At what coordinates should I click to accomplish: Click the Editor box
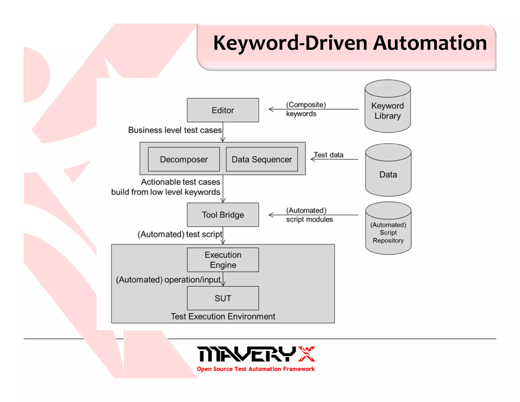click(223, 110)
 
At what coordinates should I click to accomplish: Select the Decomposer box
click(184, 159)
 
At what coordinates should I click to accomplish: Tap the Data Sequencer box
click(262, 159)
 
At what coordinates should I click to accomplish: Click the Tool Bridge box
click(223, 215)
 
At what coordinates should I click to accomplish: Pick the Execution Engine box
click(223, 260)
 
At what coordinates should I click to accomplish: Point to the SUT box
click(223, 298)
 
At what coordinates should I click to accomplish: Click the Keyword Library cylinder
click(387, 111)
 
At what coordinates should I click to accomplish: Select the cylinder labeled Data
click(388, 174)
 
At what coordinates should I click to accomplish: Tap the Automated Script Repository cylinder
click(388, 232)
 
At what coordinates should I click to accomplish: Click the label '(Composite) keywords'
click(305, 109)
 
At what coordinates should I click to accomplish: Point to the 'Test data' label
click(329, 155)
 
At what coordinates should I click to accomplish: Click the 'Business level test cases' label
click(175, 130)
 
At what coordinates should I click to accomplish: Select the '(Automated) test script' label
click(180, 234)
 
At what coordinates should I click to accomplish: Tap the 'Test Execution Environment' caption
click(223, 316)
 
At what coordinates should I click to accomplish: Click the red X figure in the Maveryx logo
click(307, 354)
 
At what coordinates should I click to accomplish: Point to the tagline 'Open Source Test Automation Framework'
click(256, 369)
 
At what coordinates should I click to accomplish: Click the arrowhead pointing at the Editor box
click(271, 109)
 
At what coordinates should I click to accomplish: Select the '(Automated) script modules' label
click(309, 215)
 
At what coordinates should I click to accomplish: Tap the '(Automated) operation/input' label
click(168, 280)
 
